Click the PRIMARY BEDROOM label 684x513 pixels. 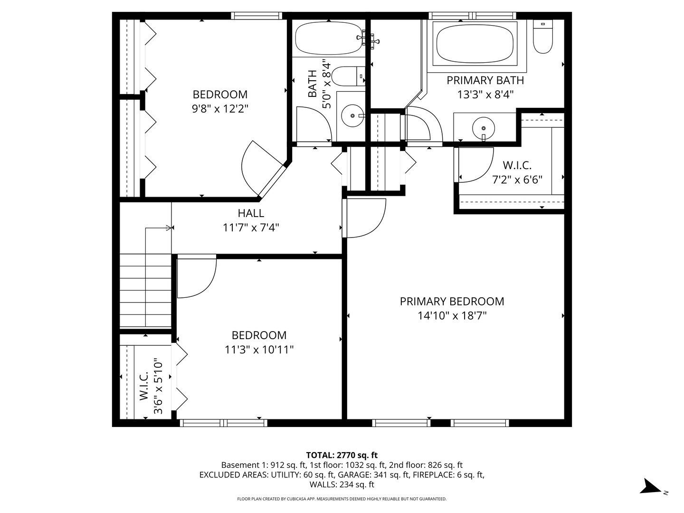[x=452, y=301]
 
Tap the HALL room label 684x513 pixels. [x=251, y=213]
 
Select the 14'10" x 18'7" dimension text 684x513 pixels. [x=452, y=316]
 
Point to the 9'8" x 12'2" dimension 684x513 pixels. [x=220, y=109]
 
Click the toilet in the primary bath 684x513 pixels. [x=542, y=37]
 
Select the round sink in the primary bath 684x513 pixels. [x=484, y=128]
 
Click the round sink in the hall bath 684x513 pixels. [x=352, y=115]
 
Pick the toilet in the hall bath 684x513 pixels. [x=348, y=76]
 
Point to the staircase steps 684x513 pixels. [x=145, y=291]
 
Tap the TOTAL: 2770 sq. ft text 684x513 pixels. [x=342, y=455]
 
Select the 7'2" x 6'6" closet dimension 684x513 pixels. [x=517, y=180]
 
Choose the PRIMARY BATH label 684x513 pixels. [x=485, y=80]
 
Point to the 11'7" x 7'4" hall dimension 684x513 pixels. [x=251, y=228]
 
